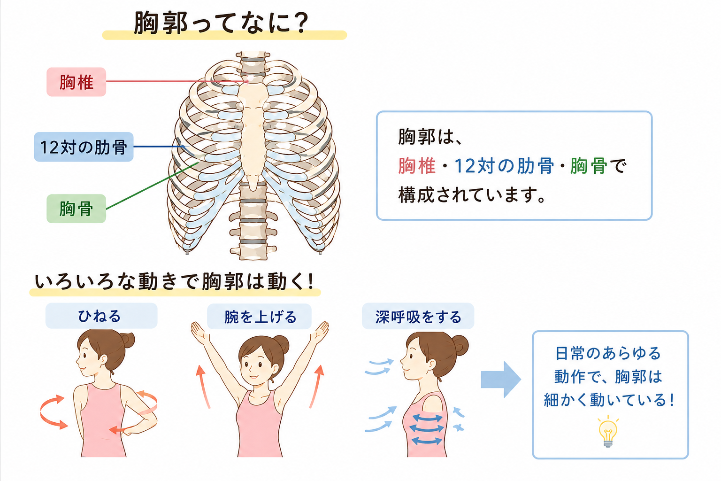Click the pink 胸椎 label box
(x=77, y=82)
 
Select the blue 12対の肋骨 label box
(x=84, y=147)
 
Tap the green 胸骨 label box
(x=77, y=209)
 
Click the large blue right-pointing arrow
(x=501, y=380)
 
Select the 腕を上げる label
(x=260, y=317)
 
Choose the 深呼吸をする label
(x=418, y=317)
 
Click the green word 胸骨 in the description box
(x=588, y=166)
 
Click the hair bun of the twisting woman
(x=128, y=340)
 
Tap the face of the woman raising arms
(x=254, y=364)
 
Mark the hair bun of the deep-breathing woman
(x=460, y=345)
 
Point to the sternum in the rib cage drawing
(x=253, y=129)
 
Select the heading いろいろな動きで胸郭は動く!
(x=174, y=281)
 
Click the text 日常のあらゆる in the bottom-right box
(x=608, y=353)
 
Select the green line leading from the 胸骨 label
(x=152, y=186)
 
